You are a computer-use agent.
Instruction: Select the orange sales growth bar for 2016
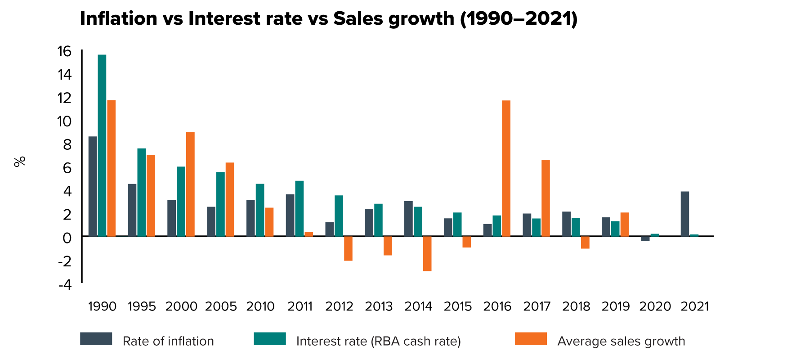pyautogui.click(x=506, y=168)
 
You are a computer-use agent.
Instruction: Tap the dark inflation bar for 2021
pyautogui.click(x=685, y=214)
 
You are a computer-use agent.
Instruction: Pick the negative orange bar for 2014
pyautogui.click(x=427, y=253)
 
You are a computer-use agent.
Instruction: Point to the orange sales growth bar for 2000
pyautogui.click(x=190, y=184)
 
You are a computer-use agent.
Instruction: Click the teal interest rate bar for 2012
pyautogui.click(x=339, y=216)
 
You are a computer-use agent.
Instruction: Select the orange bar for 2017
pyautogui.click(x=546, y=198)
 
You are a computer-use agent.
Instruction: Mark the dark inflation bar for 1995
pyautogui.click(x=132, y=210)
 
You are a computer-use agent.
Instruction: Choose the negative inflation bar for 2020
pyautogui.click(x=645, y=238)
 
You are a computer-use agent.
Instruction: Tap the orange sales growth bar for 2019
pyautogui.click(x=625, y=224)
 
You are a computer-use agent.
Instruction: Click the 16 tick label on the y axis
pyautogui.click(x=64, y=51)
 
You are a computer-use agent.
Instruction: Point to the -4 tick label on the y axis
pyautogui.click(x=64, y=284)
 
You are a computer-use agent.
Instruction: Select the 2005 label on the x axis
pyautogui.click(x=221, y=306)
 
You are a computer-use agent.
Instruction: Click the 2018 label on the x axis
pyautogui.click(x=576, y=306)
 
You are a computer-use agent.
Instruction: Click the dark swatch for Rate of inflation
pyautogui.click(x=96, y=339)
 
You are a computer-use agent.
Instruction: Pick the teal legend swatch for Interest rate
pyautogui.click(x=270, y=339)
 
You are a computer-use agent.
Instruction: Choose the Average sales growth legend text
pyautogui.click(x=621, y=341)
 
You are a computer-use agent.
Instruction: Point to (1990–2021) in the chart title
pyautogui.click(x=519, y=18)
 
